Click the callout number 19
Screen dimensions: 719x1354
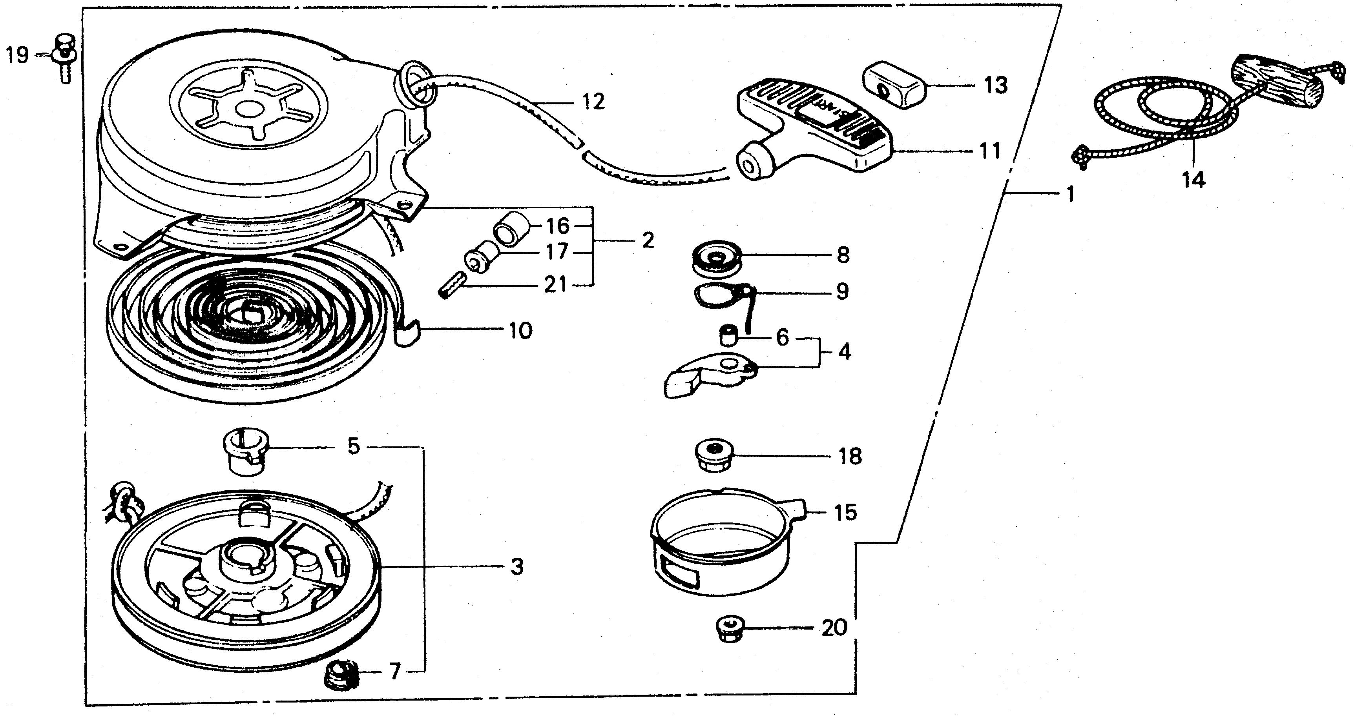pos(17,55)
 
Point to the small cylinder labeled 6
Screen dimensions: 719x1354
pos(728,336)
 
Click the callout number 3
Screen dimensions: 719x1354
pos(517,567)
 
